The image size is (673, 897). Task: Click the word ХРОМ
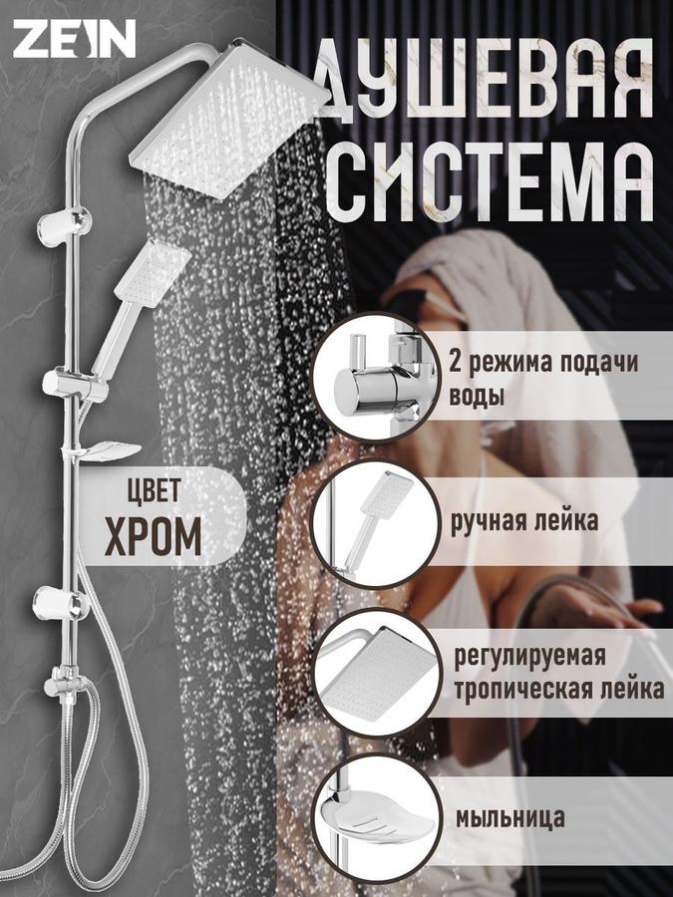click(x=154, y=535)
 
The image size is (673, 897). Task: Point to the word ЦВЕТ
click(x=154, y=492)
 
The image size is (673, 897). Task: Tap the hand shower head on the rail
click(x=153, y=270)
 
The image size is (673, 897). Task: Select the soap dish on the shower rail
click(x=105, y=450)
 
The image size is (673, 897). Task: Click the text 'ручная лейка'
click(x=525, y=519)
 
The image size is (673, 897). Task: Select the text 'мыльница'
click(x=509, y=817)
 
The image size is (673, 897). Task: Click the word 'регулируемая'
click(x=543, y=653)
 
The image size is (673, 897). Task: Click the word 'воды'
click(x=478, y=396)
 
